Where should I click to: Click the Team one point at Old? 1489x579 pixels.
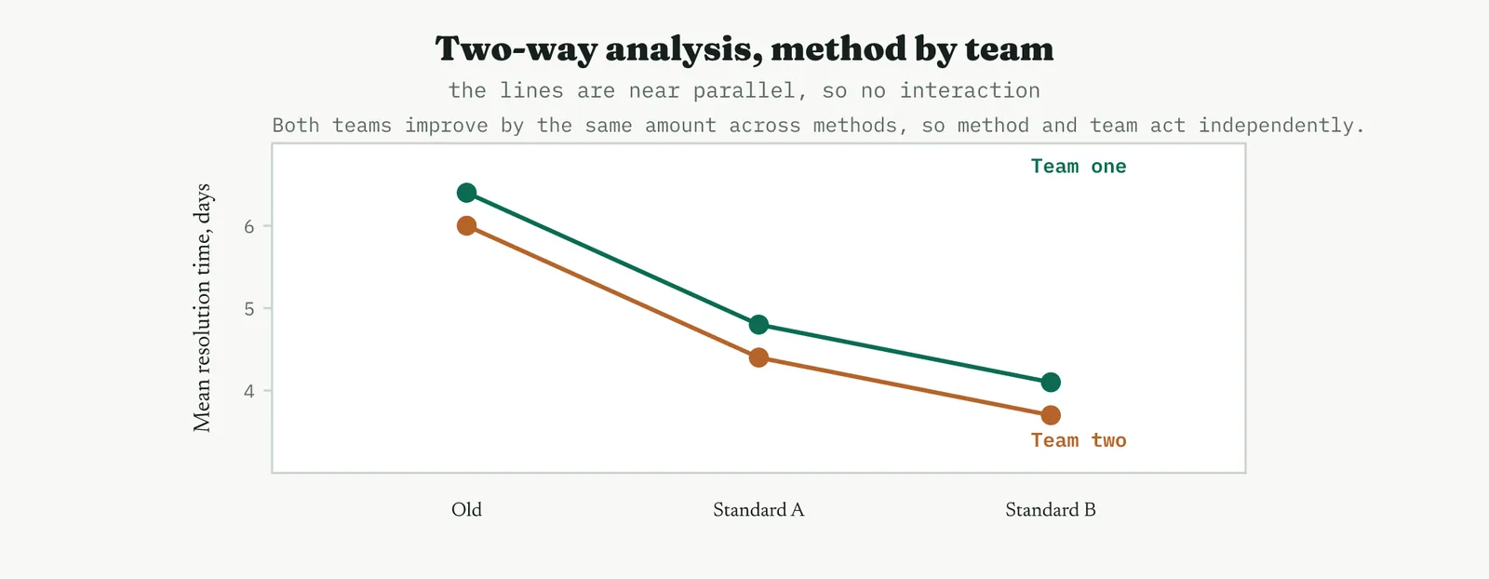(466, 193)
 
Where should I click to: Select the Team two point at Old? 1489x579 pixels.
(466, 226)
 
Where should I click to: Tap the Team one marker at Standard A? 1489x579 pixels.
(758, 325)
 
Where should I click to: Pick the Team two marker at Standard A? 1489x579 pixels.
(758, 357)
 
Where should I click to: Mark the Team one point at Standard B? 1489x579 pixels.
(1051, 383)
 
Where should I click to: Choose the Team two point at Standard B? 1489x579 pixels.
(1051, 415)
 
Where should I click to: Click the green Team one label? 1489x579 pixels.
(1079, 167)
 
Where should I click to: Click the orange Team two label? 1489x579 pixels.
(1079, 440)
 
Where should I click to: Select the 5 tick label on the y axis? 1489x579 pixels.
(249, 308)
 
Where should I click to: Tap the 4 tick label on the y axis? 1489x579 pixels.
(249, 391)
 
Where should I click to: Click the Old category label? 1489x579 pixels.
(466, 510)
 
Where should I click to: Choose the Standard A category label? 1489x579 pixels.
(758, 510)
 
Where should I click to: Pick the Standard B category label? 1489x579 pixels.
(1051, 510)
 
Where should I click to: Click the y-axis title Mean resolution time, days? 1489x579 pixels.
(202, 308)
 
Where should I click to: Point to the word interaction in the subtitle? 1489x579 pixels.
(970, 90)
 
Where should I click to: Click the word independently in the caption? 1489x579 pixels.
(1281, 126)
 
